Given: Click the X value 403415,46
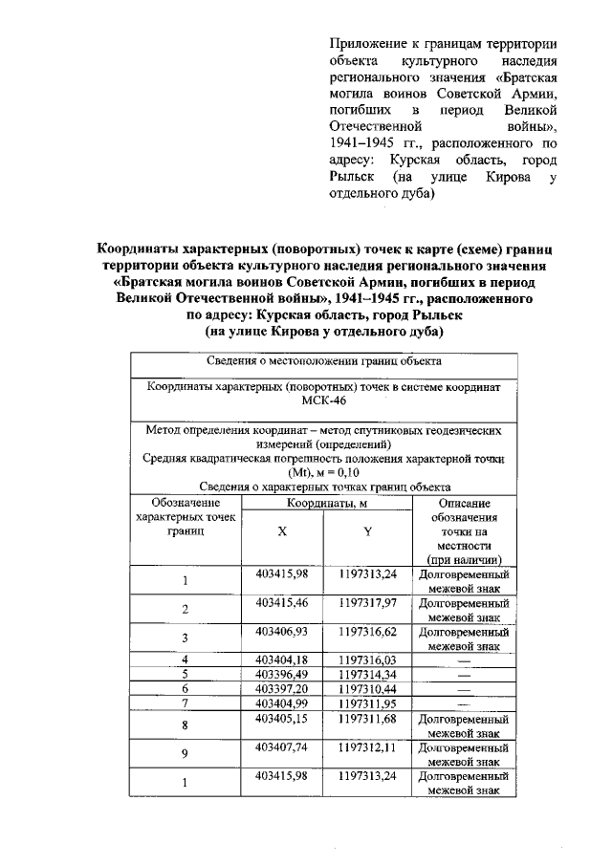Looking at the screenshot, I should (x=281, y=604).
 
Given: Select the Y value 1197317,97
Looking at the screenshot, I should (x=367, y=604).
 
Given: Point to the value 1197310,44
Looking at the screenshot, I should (x=367, y=687).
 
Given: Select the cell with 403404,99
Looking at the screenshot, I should (x=281, y=702).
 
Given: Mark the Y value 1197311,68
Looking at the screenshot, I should (x=367, y=715).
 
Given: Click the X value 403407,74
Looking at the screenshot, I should (x=281, y=746).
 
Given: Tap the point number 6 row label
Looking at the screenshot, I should (x=185, y=688).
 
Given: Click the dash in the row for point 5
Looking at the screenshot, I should (x=464, y=674).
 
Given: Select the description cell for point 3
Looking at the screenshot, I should (x=464, y=638).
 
